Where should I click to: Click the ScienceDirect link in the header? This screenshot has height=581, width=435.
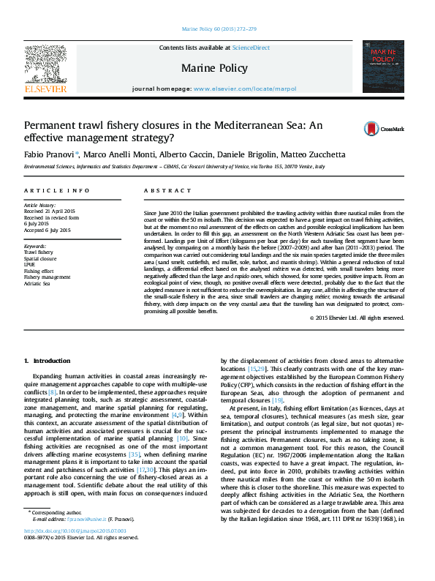[251, 48]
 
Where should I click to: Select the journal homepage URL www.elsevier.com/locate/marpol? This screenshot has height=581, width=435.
[245, 89]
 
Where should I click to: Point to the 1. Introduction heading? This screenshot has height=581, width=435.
[48, 361]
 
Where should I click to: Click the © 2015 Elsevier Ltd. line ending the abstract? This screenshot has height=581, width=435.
[346, 318]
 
